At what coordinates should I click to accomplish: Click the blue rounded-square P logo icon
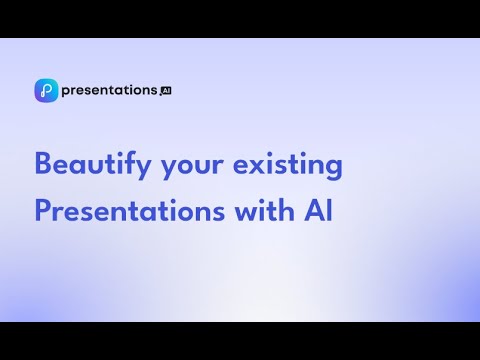tap(46, 90)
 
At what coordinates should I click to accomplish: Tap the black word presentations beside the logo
tap(109, 91)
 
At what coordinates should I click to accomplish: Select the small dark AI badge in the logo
tap(166, 91)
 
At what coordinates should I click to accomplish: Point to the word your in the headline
tap(192, 168)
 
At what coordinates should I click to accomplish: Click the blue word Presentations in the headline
tap(130, 211)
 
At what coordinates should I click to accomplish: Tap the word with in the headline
tap(265, 210)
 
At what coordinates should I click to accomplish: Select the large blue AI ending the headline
tap(318, 211)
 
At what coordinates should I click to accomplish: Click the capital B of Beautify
tap(44, 163)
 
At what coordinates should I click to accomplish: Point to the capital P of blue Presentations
tap(43, 211)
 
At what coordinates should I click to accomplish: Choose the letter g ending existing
tap(334, 169)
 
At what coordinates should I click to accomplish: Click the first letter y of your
tap(170, 169)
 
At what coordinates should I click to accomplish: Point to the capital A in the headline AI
tap(314, 211)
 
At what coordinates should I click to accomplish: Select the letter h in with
tap(287, 210)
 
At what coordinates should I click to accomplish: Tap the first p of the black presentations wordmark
tap(66, 92)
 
